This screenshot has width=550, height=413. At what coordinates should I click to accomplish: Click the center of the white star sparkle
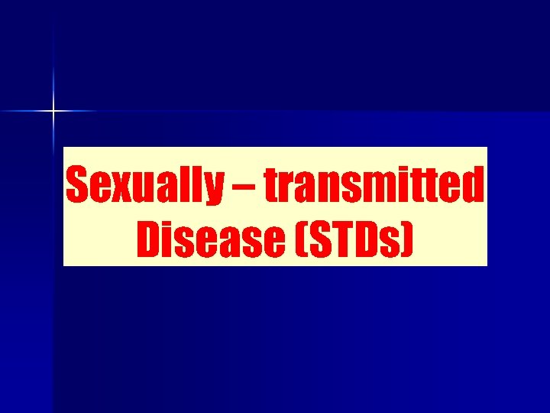53,112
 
